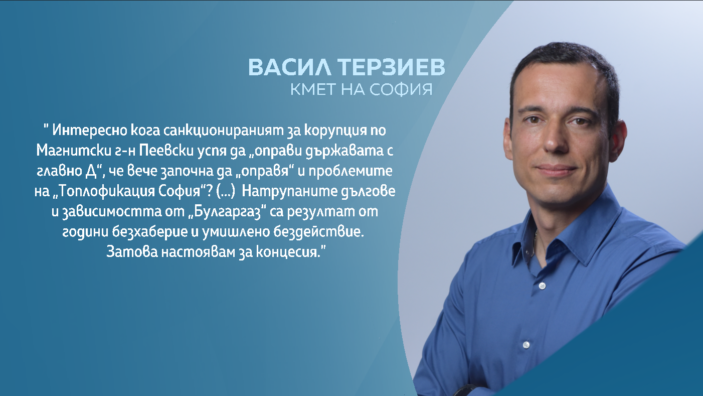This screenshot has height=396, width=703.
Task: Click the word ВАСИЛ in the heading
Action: pos(290,67)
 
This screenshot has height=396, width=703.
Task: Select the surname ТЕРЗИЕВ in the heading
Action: pos(391,67)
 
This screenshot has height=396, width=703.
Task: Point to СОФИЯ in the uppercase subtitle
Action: pos(401,89)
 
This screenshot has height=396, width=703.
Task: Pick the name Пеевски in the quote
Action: pos(166,151)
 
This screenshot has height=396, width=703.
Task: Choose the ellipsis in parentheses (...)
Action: pos(226,191)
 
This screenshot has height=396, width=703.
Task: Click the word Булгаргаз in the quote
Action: pos(228,211)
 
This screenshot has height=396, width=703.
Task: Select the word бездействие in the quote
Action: pos(318,232)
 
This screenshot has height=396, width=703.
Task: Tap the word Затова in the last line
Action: pos(132,252)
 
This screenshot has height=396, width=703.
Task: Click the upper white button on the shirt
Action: pos(542,286)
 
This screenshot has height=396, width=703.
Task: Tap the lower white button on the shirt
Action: pos(526,345)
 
